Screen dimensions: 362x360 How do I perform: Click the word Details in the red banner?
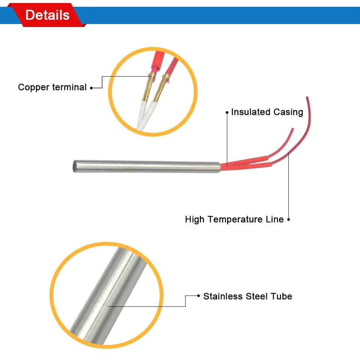tap(47, 15)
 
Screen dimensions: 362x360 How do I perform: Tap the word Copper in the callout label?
tap(34, 87)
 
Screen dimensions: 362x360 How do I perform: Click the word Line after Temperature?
tap(274, 219)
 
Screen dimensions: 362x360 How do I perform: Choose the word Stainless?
tap(223, 296)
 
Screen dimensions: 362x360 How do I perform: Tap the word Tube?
tap(282, 296)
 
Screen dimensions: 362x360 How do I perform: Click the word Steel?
tap(257, 296)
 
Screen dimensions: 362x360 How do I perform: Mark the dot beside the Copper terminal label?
tap(91, 87)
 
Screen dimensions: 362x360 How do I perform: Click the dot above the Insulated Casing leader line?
tap(227, 112)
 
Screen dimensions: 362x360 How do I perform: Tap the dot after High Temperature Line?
tap(288, 219)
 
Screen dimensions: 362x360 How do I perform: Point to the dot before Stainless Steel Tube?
tap(198, 296)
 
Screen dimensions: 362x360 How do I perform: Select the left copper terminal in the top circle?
tap(148, 88)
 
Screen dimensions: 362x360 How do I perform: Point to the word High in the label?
tap(195, 219)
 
